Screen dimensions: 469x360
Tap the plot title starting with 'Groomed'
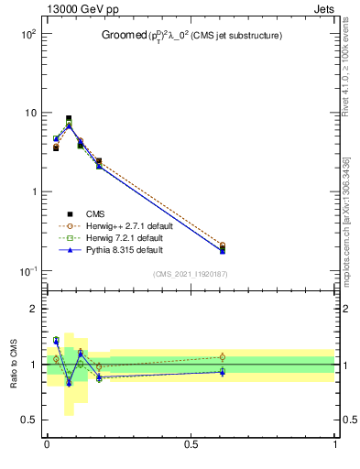pos(191,36)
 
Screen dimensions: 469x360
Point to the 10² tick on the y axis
pos(27,34)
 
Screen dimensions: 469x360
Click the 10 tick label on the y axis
pos(29,113)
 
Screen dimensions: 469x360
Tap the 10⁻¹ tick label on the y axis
pos(27,271)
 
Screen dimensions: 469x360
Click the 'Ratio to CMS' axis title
pos(13,365)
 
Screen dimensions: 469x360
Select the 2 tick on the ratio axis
pos(34,309)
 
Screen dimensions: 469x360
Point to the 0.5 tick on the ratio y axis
pos(29,420)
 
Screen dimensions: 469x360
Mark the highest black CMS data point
pos(69,118)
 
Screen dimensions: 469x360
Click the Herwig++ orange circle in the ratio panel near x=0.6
pos(222,357)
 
